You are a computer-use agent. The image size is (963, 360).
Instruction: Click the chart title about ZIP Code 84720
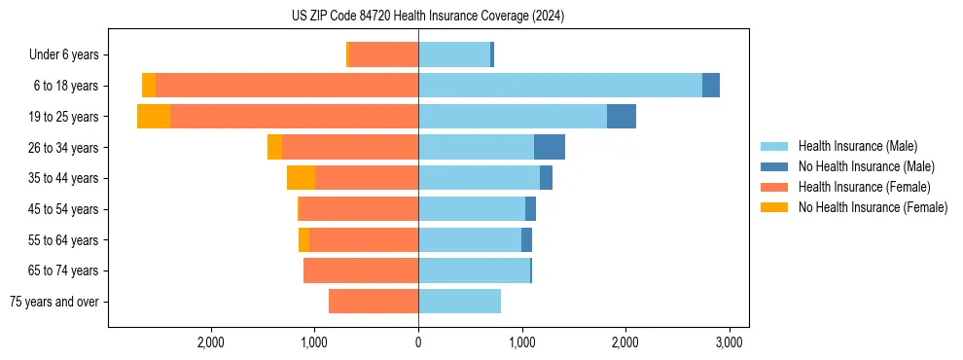427,17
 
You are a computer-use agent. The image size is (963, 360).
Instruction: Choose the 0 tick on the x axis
418,342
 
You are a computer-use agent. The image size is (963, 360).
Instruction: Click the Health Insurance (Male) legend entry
857,146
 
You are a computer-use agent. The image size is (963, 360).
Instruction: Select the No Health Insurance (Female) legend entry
873,207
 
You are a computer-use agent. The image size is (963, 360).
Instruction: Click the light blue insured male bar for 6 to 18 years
560,86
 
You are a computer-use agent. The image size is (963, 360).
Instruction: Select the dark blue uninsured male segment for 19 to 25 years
621,117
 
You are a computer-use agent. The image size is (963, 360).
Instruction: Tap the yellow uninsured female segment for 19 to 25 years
154,117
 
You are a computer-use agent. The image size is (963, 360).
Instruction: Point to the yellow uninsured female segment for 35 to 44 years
301,178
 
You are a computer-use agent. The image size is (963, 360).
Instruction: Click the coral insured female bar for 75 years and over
374,302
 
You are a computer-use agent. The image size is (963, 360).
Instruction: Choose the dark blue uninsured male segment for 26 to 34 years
550,147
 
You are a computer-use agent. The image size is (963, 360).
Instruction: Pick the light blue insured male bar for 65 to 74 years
474,270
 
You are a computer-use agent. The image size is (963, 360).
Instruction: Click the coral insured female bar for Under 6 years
384,55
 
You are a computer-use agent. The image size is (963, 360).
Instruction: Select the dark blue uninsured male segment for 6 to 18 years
711,86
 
